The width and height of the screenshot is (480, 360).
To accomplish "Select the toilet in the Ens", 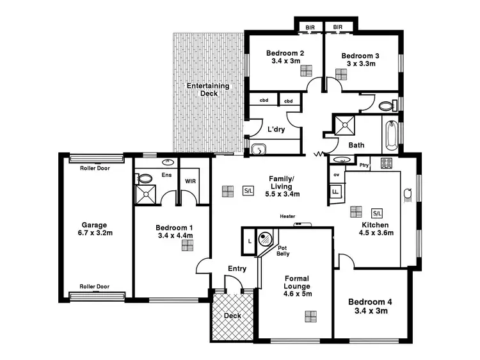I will pyautogui.click(x=146, y=179).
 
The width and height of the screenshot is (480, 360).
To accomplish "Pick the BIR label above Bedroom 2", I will pyautogui.click(x=310, y=27).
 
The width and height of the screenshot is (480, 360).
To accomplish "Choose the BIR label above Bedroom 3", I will pyautogui.click(x=337, y=27).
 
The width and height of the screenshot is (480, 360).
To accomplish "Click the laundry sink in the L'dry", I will pyautogui.click(x=258, y=150).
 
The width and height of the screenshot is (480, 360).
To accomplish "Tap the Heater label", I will pyautogui.click(x=287, y=216).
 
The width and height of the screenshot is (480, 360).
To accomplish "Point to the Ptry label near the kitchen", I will pyautogui.click(x=365, y=165).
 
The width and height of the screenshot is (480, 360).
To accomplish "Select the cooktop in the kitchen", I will pyautogui.click(x=386, y=163).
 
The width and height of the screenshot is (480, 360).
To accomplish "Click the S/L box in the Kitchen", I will pyautogui.click(x=377, y=213).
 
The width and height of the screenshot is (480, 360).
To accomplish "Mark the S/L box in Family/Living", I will pyautogui.click(x=248, y=190).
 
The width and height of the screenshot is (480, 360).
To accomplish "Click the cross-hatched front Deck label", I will pyautogui.click(x=232, y=316).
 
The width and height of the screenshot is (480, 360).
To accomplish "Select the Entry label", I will pyautogui.click(x=237, y=268).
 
